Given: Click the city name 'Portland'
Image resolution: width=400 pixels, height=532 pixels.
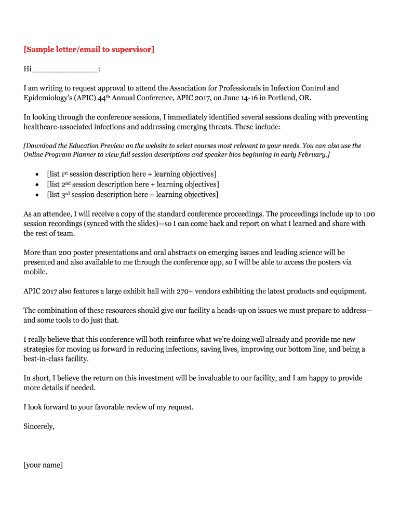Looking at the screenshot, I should click(282, 98).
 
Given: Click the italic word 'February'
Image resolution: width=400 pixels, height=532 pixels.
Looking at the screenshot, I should click(312, 155).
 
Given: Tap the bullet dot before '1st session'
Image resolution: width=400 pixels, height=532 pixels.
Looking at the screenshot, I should click(36, 175).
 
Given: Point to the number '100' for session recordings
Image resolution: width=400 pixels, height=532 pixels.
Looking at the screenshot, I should click(369, 214).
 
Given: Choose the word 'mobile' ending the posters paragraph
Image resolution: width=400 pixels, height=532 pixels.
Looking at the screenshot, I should click(35, 272).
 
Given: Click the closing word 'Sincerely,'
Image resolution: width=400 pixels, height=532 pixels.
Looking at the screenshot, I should click(39, 427).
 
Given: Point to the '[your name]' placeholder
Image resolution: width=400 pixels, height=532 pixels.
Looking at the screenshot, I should click(43, 465).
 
